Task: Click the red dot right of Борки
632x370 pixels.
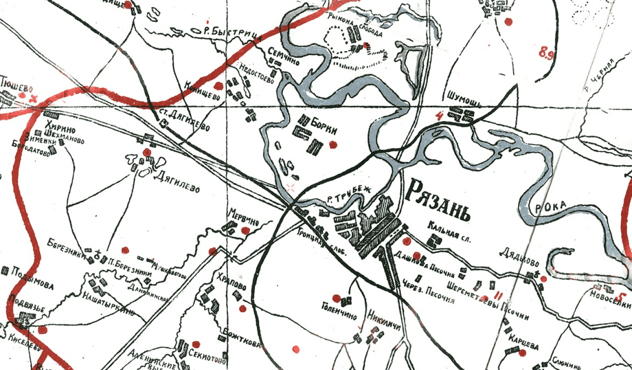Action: tap(333, 144)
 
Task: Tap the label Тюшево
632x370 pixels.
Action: tap(17, 85)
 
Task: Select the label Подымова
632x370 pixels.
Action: tap(33, 279)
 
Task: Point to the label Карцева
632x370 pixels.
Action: tap(523, 341)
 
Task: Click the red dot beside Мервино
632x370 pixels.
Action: tap(246, 230)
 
